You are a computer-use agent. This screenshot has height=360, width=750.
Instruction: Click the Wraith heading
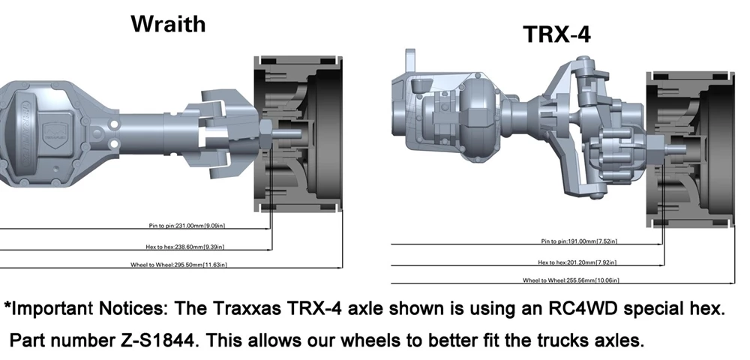tap(168, 24)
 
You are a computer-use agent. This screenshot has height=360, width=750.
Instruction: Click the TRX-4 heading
tap(557, 34)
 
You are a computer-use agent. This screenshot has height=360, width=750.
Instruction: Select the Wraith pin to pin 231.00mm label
tap(187, 226)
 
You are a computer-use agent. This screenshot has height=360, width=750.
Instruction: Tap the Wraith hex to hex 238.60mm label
tap(185, 247)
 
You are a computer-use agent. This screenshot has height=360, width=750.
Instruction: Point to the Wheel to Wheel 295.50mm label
tap(179, 265)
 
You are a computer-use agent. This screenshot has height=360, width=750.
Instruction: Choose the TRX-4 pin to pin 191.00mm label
tap(579, 241)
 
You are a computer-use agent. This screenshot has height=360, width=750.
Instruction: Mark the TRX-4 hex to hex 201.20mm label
tap(577, 262)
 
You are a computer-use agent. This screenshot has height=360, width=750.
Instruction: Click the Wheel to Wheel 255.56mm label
tap(571, 280)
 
